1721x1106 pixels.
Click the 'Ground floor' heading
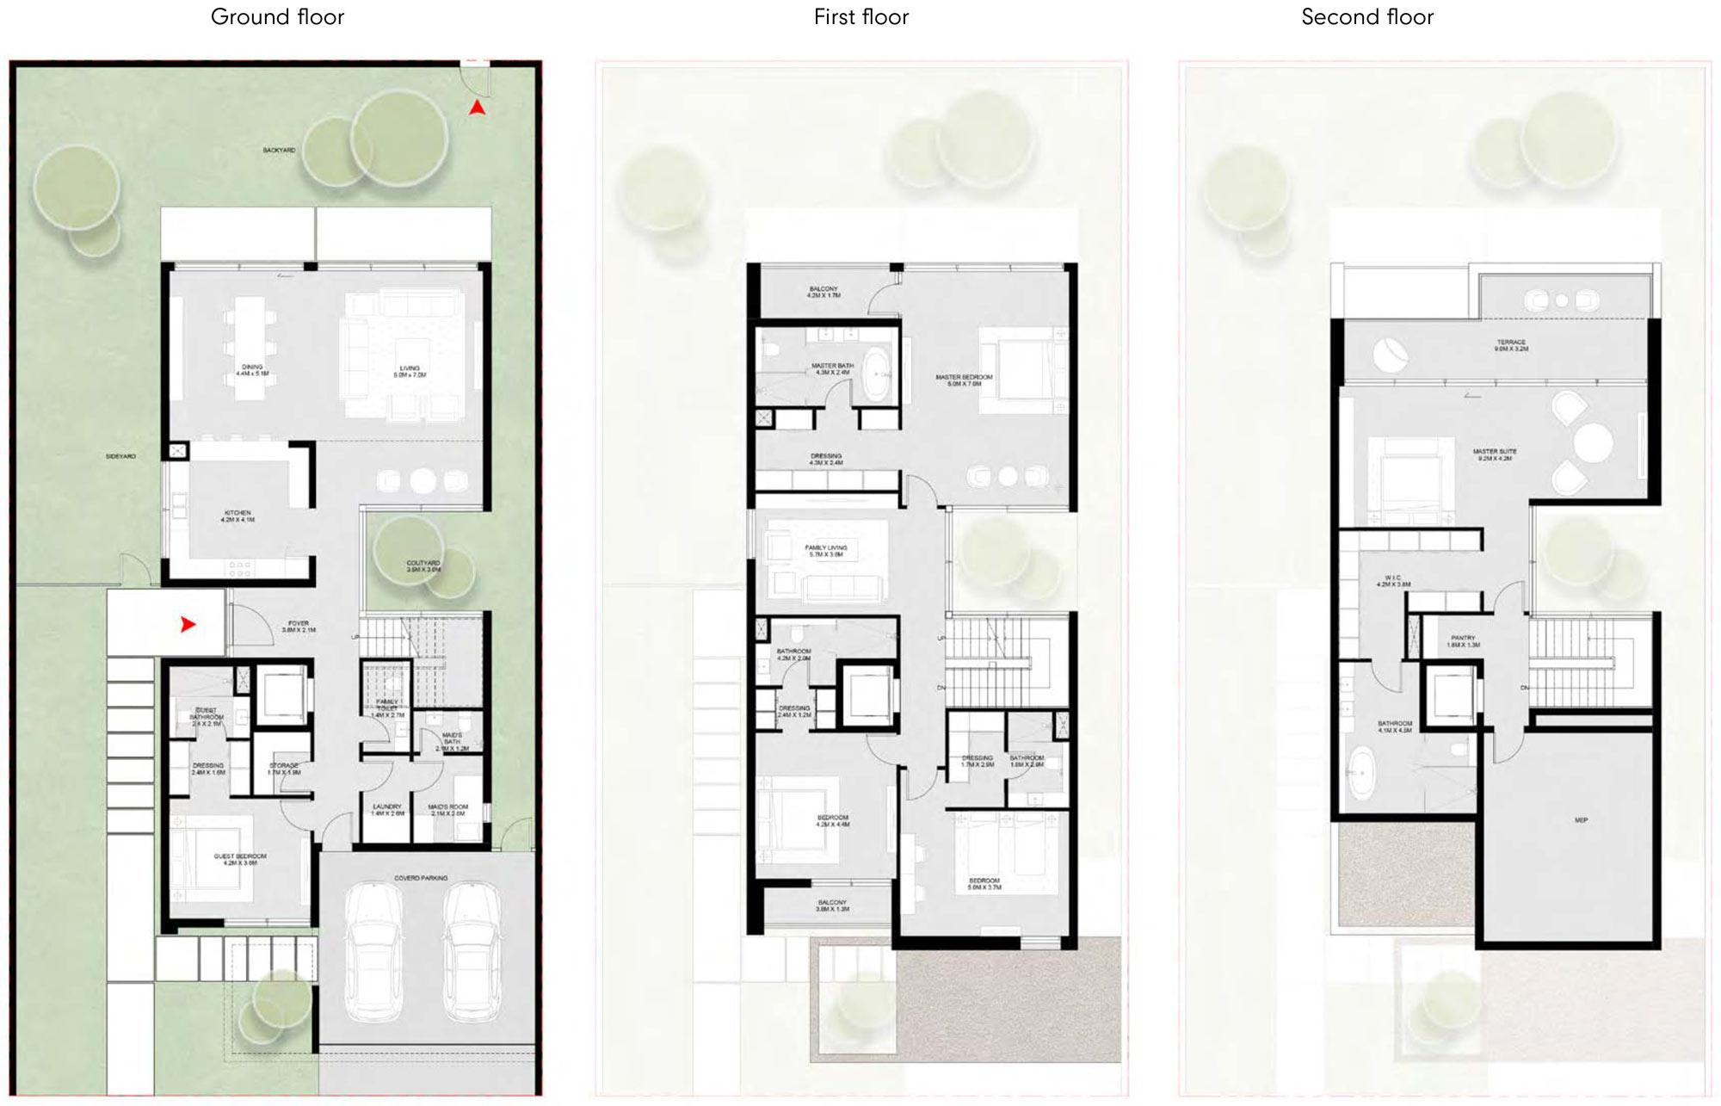click(x=277, y=17)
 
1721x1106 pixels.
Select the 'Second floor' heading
click(x=1367, y=17)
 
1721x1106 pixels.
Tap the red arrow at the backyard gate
click(x=477, y=108)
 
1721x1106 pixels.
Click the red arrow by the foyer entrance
click(x=188, y=625)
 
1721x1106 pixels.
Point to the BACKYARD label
click(x=279, y=151)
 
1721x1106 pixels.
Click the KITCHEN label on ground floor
click(x=237, y=516)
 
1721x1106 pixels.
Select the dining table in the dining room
click(x=252, y=346)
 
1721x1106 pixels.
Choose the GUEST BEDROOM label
click(x=240, y=859)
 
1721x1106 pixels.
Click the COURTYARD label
click(x=423, y=565)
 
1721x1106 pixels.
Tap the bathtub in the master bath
click(x=879, y=374)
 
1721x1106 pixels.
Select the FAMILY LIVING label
click(x=825, y=550)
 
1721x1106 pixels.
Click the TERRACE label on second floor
click(x=1510, y=345)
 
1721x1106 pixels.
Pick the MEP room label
click(x=1581, y=820)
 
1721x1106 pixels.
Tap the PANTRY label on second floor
click(x=1463, y=640)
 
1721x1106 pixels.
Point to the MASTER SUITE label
click(x=1494, y=454)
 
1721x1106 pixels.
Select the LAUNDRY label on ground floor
click(x=387, y=809)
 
